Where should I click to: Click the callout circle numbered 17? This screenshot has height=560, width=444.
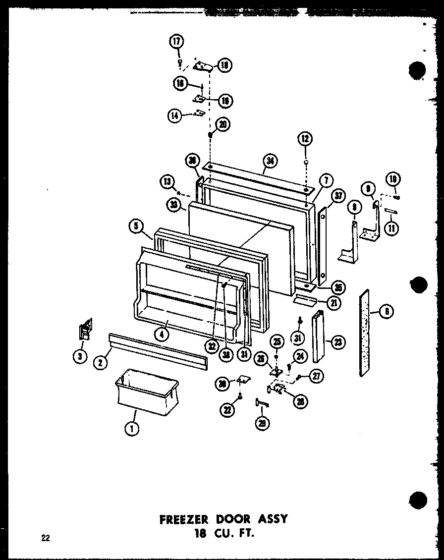[x=177, y=42]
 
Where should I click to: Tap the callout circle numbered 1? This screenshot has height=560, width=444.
[x=131, y=430]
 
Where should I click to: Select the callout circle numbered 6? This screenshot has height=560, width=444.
[x=387, y=311]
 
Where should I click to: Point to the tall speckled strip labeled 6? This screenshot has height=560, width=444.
[x=365, y=333]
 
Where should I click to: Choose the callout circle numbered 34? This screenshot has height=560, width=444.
[x=270, y=161]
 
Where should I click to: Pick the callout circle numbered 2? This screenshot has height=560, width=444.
[x=101, y=363]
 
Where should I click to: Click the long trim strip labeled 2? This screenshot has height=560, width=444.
[x=157, y=346]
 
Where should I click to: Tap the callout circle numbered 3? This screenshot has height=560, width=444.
[x=79, y=356]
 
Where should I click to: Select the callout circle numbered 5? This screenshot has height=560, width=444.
[x=135, y=226]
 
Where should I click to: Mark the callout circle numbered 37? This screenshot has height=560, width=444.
[x=338, y=197]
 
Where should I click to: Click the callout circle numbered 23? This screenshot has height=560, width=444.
[x=340, y=342]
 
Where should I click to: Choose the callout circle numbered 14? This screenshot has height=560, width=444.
[x=174, y=116]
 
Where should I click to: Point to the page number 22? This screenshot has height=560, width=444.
[x=46, y=539]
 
